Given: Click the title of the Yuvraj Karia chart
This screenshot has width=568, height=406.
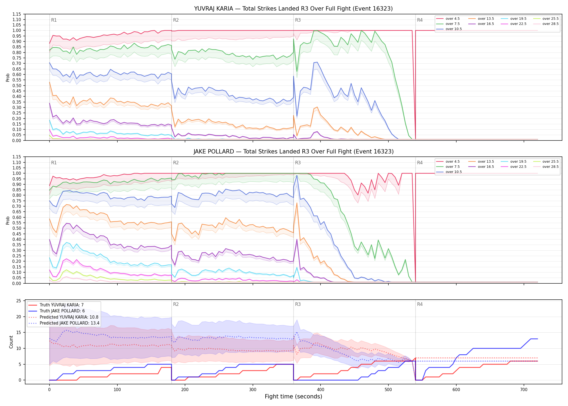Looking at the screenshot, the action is [x=293, y=9].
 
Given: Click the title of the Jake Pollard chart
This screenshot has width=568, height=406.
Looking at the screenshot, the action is [x=293, y=152].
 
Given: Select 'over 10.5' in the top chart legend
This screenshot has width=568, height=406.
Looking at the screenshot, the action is [x=454, y=29].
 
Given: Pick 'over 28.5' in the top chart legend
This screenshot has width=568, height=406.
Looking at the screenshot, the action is [x=550, y=24].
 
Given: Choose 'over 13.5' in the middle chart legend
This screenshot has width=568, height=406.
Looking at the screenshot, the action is [x=486, y=162].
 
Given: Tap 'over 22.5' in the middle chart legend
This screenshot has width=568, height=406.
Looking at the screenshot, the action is [x=518, y=167].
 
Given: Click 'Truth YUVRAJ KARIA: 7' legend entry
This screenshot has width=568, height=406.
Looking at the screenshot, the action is [x=62, y=305].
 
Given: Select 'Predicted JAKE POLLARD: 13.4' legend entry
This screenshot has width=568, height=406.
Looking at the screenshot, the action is [x=70, y=323].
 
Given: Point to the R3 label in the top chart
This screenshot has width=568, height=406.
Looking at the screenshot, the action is [x=298, y=20].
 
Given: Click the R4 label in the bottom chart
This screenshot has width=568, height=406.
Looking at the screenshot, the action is [x=420, y=304].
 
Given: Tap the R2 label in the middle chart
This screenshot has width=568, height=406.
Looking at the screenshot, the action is [x=176, y=163].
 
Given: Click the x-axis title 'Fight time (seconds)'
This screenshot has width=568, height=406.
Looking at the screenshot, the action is [x=293, y=397].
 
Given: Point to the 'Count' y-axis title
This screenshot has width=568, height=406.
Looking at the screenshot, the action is [x=11, y=342].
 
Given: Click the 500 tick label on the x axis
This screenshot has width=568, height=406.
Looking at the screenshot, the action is [x=388, y=390].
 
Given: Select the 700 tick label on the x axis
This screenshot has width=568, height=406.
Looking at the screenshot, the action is [x=524, y=390].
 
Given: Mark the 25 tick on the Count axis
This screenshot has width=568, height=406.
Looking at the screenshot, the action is [x=19, y=301].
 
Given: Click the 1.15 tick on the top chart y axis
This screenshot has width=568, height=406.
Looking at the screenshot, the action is [x=16, y=14].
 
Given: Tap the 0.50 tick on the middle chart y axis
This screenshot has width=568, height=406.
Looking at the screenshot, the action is [x=16, y=228].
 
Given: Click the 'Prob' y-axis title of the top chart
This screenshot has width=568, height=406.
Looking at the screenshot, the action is [x=8, y=77].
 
